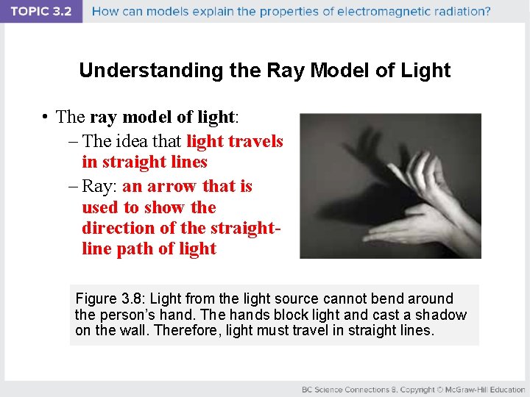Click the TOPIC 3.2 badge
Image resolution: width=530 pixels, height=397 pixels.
[x=42, y=12]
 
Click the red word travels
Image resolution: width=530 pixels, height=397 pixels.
[x=258, y=140]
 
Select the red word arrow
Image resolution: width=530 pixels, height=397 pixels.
[x=172, y=186]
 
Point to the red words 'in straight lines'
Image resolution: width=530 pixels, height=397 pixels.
[x=145, y=162]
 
